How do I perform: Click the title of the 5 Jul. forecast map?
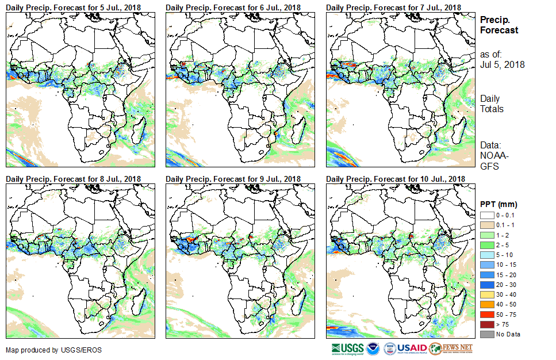coord(73,7)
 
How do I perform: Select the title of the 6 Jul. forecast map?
coord(233,7)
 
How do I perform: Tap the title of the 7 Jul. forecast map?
coord(393,7)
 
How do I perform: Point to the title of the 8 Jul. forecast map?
coord(73,179)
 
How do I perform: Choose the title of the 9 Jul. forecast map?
coord(233,179)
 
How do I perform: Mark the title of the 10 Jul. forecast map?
coord(395,179)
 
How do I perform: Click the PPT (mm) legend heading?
coord(499,204)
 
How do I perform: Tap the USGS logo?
coord(348,348)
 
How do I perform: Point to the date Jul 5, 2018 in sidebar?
coord(502,64)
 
